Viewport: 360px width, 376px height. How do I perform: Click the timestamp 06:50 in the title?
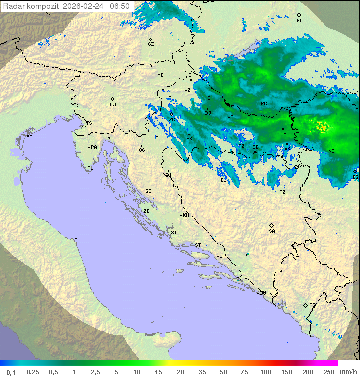tap(120, 6)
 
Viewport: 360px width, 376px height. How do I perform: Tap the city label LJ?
tap(113, 105)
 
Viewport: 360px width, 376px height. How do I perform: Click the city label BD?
tap(299, 21)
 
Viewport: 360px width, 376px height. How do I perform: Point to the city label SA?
tap(272, 231)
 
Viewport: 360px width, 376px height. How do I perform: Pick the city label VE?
tap(29, 136)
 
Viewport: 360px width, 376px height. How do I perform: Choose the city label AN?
tap(77, 240)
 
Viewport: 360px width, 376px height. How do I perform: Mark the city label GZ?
tap(151, 44)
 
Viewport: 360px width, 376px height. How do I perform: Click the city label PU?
tap(90, 168)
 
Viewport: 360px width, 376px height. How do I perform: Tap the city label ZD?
tap(146, 211)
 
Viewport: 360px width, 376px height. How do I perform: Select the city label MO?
tap(251, 254)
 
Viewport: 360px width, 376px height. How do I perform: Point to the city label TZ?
tap(282, 192)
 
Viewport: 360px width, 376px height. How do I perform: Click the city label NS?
tap(331, 151)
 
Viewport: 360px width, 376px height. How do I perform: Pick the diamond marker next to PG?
tap(306, 305)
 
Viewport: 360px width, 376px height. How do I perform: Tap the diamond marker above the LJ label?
tap(113, 99)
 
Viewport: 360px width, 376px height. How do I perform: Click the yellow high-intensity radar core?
tap(322, 127)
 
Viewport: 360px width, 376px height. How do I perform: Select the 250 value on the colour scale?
tap(329, 372)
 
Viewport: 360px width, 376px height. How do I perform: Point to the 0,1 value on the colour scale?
tap(11, 372)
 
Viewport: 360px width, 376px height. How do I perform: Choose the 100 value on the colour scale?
tap(265, 372)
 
